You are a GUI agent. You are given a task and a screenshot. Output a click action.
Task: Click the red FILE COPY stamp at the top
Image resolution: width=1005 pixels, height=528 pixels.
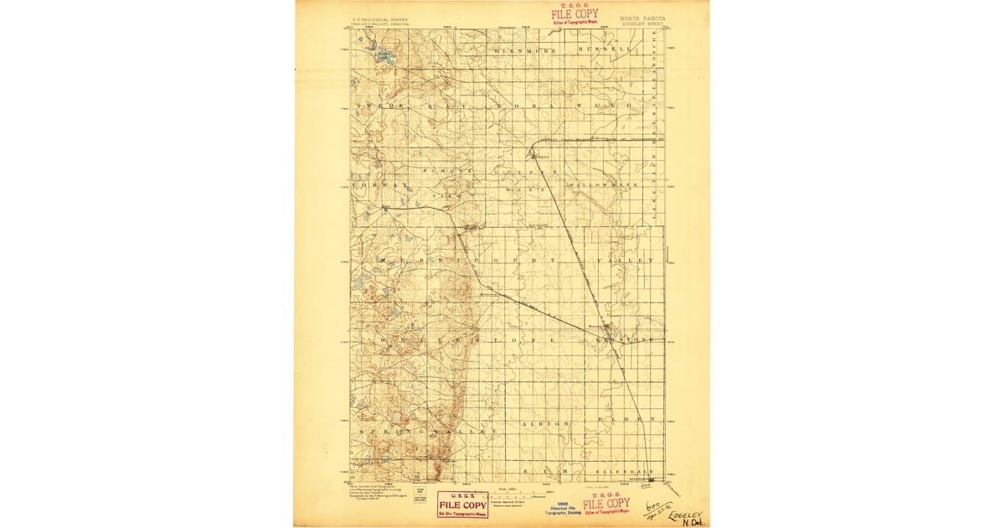coord(575,14)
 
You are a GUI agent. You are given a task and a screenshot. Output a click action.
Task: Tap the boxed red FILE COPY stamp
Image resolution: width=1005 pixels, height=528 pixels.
coord(461,505)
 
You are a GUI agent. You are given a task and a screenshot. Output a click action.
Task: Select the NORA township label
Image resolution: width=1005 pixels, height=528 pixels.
coord(513,106)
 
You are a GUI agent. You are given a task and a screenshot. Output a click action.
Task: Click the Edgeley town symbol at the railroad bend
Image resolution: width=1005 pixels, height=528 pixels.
coord(533,153)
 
